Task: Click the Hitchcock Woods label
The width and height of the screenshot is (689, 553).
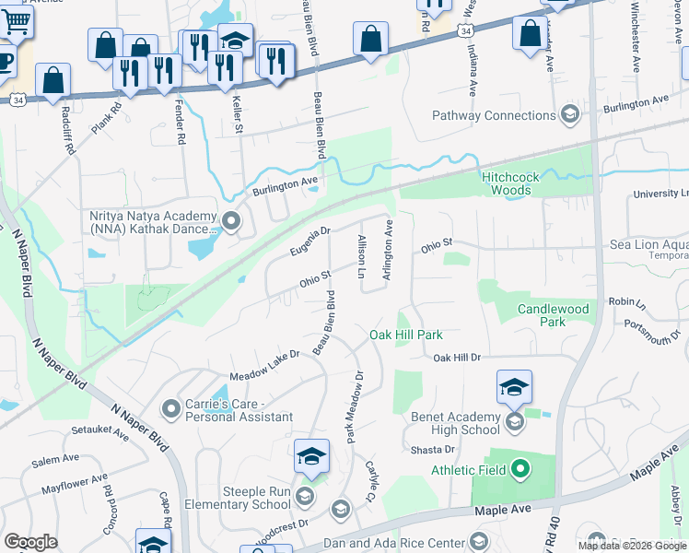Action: (506, 182)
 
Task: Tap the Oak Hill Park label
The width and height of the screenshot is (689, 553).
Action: (406, 335)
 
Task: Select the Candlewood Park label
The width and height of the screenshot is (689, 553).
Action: (553, 315)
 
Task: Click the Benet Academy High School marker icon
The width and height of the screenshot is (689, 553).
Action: (514, 422)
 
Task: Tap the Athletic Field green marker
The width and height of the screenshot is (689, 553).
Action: (520, 470)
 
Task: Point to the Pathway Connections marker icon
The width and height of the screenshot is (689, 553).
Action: (569, 115)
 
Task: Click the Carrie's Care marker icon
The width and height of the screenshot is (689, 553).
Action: (170, 407)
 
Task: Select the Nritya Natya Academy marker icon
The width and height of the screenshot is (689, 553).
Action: (230, 221)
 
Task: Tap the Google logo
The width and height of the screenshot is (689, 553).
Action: (30, 542)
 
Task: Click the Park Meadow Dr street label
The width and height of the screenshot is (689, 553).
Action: (355, 406)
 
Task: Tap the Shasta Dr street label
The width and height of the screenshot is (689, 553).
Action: (433, 449)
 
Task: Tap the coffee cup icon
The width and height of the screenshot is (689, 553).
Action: (5, 60)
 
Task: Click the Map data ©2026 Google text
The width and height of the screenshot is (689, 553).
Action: (631, 546)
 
